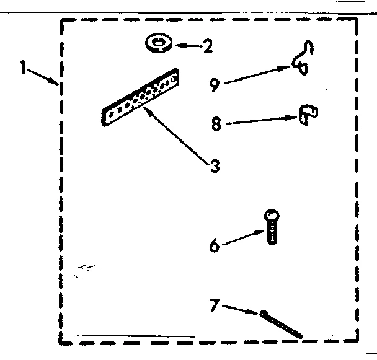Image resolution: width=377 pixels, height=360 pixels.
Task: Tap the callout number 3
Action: click(x=215, y=166)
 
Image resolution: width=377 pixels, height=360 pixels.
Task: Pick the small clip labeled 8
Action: click(x=307, y=115)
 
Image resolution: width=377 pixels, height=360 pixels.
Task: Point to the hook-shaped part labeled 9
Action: click(x=302, y=59)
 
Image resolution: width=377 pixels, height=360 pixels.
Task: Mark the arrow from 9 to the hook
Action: click(x=257, y=74)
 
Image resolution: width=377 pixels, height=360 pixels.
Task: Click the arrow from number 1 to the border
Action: click(x=43, y=77)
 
